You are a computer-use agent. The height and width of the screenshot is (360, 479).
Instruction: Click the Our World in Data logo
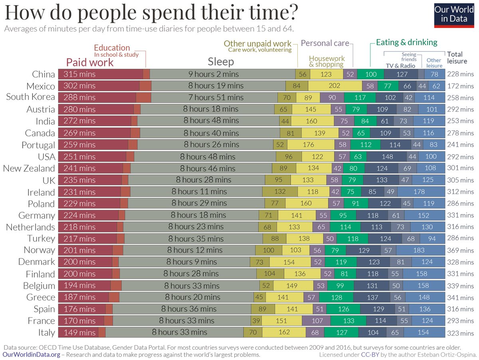tap(454, 15)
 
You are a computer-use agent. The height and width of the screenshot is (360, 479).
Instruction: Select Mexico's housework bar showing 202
tap(335, 86)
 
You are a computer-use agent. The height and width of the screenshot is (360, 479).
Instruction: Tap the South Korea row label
tap(30, 97)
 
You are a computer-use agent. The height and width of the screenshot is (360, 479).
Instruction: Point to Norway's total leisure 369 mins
tap(461, 251)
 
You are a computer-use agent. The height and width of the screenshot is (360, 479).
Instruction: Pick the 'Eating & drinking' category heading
tap(406, 42)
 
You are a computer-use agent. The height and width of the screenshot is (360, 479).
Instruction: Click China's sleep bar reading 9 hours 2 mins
tap(213, 74)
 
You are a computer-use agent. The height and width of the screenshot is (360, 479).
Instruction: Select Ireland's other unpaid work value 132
tap(280, 191)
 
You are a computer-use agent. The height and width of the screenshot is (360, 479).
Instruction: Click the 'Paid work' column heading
tap(90, 62)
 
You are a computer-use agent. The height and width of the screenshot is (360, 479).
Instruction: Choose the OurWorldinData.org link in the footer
tap(32, 354)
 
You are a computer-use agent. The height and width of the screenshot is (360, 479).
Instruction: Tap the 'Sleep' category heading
tap(221, 62)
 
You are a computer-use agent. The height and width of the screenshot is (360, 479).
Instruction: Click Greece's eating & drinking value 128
tap(336, 297)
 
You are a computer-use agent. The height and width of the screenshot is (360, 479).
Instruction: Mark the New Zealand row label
tap(29, 168)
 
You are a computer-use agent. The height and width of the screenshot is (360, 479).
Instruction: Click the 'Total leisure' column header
tap(455, 58)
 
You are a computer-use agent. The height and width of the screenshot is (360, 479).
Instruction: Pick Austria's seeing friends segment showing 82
tap(406, 109)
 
